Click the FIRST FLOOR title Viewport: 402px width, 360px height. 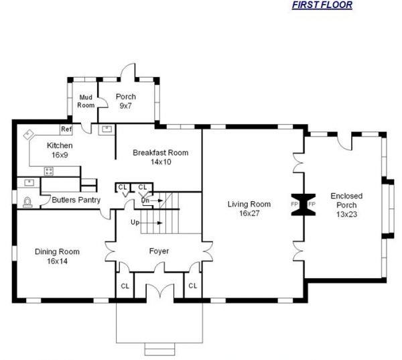[x=322, y=5]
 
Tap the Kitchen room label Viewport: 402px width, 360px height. [x=60, y=145]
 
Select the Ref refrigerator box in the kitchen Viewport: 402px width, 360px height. [x=66, y=129]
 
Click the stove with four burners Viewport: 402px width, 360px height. [x=49, y=171]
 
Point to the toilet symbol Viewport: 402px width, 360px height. [x=27, y=202]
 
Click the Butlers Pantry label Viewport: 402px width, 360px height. [x=76, y=200]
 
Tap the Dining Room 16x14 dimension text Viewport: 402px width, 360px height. [x=57, y=261]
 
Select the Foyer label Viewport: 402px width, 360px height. [x=159, y=251]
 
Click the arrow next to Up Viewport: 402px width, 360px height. [x=151, y=223]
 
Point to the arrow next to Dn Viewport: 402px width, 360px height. [x=156, y=200]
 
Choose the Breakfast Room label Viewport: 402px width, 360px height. [x=161, y=153]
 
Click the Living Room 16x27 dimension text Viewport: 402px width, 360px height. [x=249, y=213]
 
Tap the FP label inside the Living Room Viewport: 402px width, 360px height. [x=294, y=204]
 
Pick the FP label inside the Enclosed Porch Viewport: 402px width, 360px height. [x=312, y=204]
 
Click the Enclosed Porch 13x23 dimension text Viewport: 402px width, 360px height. [x=346, y=215]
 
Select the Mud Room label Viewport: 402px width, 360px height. [x=86, y=101]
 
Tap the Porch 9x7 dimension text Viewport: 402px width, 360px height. [x=125, y=106]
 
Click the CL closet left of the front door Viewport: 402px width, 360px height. [x=125, y=286]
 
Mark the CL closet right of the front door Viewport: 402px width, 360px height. [x=192, y=286]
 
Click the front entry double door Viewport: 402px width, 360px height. [x=160, y=290]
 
